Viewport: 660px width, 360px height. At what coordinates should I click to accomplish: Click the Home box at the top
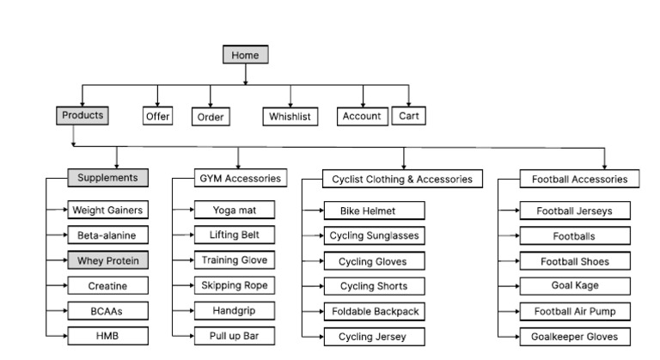[x=245, y=55]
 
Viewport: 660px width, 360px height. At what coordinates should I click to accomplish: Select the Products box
[x=82, y=115]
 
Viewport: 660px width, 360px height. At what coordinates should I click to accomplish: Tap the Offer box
[x=157, y=116]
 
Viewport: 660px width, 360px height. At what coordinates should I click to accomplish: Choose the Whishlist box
[x=290, y=117]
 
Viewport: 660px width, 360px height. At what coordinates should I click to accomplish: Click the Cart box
[x=409, y=116]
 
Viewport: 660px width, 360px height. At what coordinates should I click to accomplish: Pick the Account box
[x=361, y=116]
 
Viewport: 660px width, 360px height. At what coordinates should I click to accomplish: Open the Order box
[x=210, y=117]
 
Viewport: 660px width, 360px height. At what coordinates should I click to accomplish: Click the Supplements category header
[x=107, y=178]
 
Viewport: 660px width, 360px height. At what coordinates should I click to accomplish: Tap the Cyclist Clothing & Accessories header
[x=402, y=180]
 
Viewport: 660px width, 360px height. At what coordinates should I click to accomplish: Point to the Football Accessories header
[x=580, y=180]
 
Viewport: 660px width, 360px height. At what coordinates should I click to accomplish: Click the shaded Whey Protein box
[x=107, y=260]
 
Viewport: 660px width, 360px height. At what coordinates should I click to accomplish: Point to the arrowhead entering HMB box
[x=65, y=335]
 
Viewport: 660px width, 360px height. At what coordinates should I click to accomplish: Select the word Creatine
[x=107, y=285]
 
